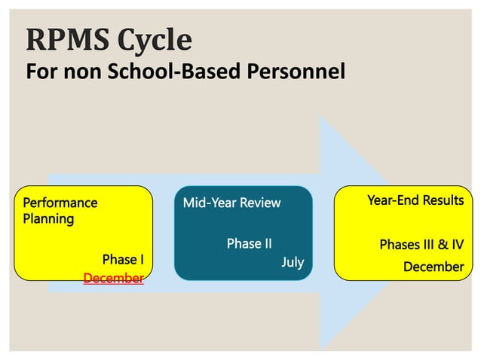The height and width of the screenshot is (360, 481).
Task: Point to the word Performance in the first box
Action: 60,203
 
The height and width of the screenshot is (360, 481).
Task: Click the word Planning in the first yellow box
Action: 48,219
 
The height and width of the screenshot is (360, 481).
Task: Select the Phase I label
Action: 123,260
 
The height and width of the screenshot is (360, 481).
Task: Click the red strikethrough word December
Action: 113,279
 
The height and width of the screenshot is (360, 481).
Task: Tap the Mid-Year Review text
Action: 231,203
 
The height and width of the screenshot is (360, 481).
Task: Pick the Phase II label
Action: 249,244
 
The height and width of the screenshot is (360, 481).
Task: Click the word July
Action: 293,262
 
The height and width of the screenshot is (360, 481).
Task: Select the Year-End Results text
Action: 415,200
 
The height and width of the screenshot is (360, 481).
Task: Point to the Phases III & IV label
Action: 421,245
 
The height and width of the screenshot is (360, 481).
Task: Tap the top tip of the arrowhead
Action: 322,118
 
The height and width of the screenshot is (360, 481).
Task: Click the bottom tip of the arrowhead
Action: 322,348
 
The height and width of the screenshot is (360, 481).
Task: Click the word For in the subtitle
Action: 40,72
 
